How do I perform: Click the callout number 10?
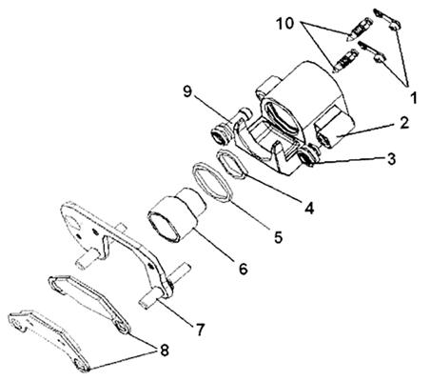click(285, 24)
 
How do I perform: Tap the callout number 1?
click(413, 98)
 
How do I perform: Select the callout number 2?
click(404, 123)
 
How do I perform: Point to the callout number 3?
click(391, 159)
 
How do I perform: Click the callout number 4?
click(309, 208)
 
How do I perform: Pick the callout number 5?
click(278, 237)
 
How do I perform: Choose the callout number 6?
click(243, 269)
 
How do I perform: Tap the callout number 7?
click(200, 330)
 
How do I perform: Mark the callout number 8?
click(164, 351)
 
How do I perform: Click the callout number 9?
click(187, 91)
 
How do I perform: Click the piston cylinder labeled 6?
click(177, 215)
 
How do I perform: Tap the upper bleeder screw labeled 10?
click(359, 30)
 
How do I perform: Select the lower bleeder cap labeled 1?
click(372, 52)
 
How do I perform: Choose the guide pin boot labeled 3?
click(308, 156)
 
